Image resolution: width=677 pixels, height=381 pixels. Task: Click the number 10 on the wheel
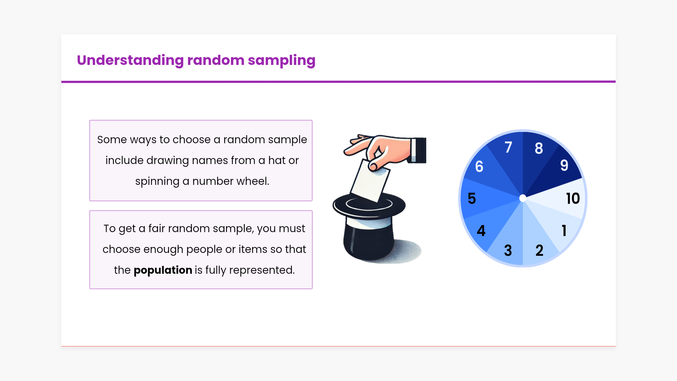tap(573, 198)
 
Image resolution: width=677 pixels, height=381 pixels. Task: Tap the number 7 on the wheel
tap(508, 147)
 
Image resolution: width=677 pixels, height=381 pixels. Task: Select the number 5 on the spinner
tap(472, 199)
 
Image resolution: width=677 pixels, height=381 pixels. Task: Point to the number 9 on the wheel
tap(564, 165)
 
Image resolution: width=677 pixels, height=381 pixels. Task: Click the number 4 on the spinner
tap(481, 231)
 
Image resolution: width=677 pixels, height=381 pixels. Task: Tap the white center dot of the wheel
tap(523, 198)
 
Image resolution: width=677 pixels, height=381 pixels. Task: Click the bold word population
tap(163, 270)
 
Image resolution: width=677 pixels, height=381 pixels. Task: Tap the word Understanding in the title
tap(130, 61)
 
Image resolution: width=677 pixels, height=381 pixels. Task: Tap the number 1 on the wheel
tap(564, 231)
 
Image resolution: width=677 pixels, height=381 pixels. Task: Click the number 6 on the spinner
tap(479, 167)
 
